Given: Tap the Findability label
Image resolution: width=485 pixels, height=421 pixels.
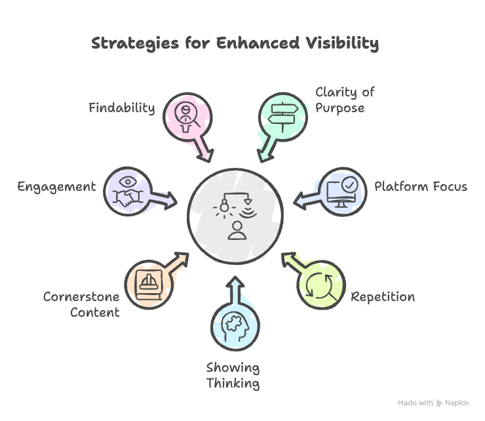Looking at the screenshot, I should click(x=122, y=108).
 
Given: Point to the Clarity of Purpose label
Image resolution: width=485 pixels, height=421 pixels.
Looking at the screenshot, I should click(x=345, y=100).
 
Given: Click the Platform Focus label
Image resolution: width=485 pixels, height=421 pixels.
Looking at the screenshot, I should click(x=420, y=186).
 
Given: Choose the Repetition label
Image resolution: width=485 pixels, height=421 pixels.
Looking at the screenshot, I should click(x=383, y=296).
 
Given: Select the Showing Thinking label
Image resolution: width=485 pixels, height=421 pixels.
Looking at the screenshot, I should click(x=233, y=375).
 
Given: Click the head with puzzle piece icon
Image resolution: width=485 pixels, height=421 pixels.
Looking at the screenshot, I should click(x=235, y=325).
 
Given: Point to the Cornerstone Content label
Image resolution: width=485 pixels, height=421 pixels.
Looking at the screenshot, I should click(x=81, y=304).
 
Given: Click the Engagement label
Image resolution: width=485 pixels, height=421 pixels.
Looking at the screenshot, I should click(x=56, y=186).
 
